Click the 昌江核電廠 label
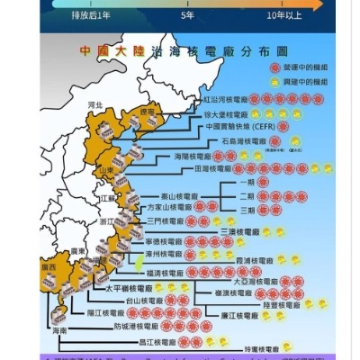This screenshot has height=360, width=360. (x=157, y=342)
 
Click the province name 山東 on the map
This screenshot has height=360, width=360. (x=106, y=170)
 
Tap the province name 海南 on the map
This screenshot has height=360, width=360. (x=60, y=331)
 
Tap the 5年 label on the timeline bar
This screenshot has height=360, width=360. (x=188, y=16)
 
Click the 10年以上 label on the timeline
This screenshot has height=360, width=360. (x=284, y=16)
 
